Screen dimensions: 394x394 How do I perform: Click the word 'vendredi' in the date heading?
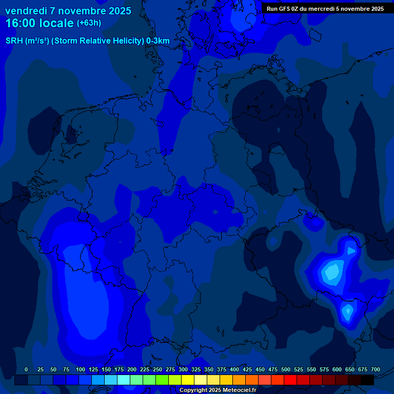coord(26,11)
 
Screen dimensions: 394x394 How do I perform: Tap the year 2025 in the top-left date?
coord(118,11)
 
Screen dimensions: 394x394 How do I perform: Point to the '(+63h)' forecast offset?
coord(89,23)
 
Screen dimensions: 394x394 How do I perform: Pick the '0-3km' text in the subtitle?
coord(158,41)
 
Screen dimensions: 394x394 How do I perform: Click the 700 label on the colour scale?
coord(376,369)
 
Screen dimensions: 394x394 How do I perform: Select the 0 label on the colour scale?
coord(26,369)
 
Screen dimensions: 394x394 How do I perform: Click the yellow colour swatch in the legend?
coord(188,380)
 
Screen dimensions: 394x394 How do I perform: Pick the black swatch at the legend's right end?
coord(367,380)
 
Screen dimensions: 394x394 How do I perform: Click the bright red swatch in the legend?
coord(290,380)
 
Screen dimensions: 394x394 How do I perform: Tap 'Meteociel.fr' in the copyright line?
coord(240,390)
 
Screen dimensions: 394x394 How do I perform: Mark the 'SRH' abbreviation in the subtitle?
coord(14,41)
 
